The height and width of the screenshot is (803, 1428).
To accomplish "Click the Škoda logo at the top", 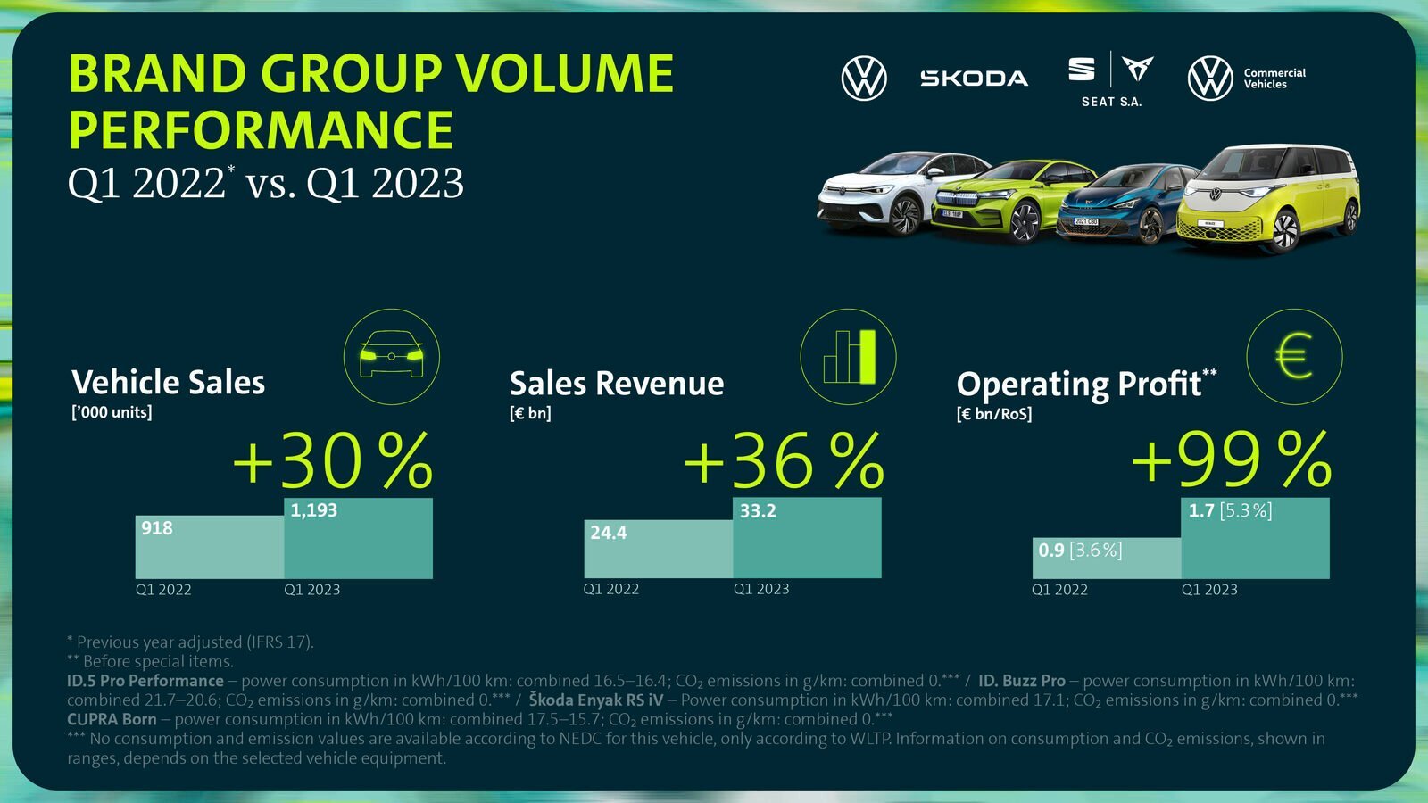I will point(974,79).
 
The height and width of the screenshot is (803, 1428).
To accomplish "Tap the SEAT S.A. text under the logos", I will point(1111,102).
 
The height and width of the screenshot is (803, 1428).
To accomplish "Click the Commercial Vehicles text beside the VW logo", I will point(1274,79).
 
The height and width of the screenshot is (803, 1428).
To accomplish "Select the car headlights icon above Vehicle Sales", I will point(391,357).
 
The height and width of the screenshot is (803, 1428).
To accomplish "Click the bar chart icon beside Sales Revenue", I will point(848,357).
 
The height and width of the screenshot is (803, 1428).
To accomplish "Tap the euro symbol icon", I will point(1294,357).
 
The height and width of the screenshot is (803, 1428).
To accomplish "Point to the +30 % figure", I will point(333,461).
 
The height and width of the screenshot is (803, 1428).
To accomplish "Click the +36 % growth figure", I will point(784,461).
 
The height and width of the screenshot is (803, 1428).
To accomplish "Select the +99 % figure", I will point(1232,461).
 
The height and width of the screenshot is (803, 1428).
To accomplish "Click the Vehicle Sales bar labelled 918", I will point(210,547).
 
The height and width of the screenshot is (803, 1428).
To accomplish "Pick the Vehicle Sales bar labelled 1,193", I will point(358,538).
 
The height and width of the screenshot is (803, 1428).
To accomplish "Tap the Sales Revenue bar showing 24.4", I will point(659,549).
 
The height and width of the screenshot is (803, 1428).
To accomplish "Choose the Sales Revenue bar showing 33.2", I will point(807,538).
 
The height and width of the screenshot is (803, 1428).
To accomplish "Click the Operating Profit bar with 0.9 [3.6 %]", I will point(1107,558).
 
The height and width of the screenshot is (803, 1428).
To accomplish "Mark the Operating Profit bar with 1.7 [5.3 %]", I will point(1255,538).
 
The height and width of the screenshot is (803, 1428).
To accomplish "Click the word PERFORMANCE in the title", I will point(261,130).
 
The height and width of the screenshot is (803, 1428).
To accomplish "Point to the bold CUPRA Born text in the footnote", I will point(112,719).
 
